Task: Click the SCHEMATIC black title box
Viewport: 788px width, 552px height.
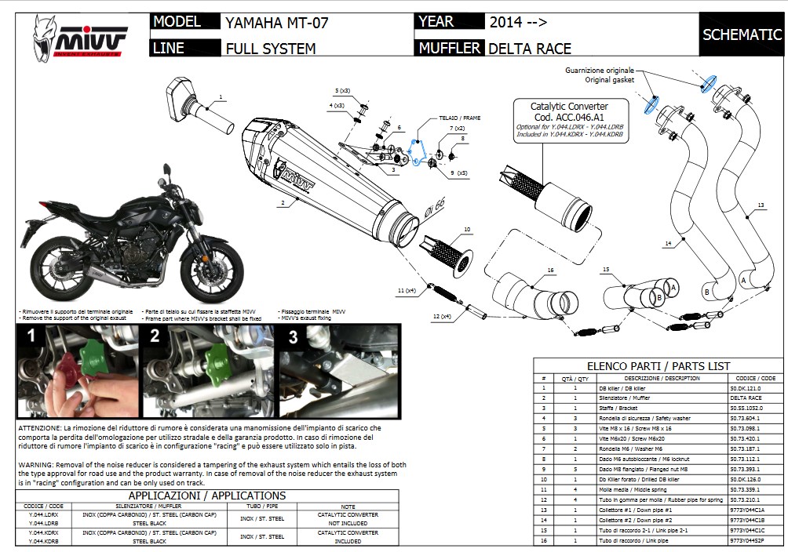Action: pos(742,34)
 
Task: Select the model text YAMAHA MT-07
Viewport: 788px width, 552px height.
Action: pos(276,22)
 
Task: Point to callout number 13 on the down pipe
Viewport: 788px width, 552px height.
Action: pos(761,205)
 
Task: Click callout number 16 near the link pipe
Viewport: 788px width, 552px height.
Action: pos(550,270)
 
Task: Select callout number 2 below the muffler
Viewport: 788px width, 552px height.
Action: pos(281,203)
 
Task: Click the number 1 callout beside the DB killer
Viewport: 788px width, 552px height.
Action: pos(221,97)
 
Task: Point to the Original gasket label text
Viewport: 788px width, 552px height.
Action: pos(610,80)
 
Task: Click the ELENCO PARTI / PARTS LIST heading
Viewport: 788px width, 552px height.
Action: pos(658,366)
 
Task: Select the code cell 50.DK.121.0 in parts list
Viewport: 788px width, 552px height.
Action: pos(746,388)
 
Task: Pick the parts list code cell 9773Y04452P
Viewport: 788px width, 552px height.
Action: pos(746,540)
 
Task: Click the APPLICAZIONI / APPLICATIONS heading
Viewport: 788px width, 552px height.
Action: pos(206,496)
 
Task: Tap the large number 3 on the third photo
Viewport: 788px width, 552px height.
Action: pos(293,338)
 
